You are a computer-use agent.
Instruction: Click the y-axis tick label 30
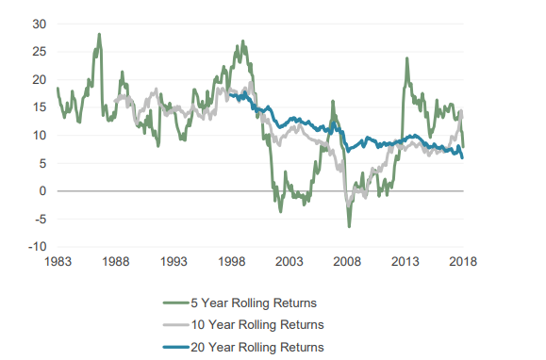coord(40,24)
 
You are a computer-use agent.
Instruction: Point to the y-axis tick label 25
coord(40,52)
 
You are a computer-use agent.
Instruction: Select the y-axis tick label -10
coord(38,247)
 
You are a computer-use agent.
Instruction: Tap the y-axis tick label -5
coord(40,220)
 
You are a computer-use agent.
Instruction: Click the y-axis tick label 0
coord(42,191)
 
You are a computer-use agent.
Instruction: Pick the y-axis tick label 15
coord(40,107)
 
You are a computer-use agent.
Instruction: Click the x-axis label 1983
coord(58,262)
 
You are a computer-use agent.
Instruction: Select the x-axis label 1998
coord(232,262)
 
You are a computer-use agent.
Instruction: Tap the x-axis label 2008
coord(347,262)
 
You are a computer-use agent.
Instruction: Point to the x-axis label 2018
coord(463,262)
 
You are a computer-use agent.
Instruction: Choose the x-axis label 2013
coord(405,262)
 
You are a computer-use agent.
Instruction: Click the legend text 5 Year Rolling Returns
coord(254,303)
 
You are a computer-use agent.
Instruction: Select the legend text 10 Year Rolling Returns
coord(257,325)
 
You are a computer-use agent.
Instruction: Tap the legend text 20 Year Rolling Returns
coord(257,347)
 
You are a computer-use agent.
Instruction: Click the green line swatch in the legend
coord(176,303)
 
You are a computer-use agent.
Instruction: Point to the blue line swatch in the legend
coord(176,347)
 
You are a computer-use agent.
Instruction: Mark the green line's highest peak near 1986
coord(99,34)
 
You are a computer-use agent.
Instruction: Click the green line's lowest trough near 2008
coord(349,227)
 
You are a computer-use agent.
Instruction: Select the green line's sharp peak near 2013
coord(406,58)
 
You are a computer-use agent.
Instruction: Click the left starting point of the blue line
coord(230,94)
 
